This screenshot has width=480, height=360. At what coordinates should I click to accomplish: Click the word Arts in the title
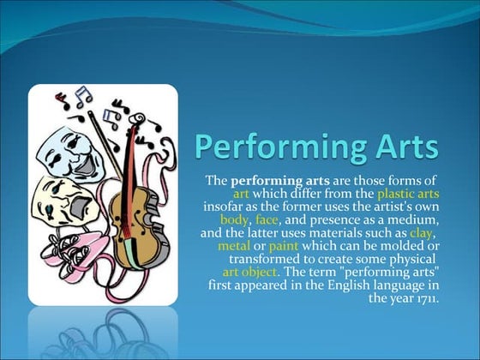(399, 146)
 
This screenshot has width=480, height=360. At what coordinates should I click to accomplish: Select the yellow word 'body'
(234, 219)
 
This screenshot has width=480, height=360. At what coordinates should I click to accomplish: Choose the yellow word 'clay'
(419, 232)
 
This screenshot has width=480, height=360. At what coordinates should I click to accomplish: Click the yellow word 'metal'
(233, 246)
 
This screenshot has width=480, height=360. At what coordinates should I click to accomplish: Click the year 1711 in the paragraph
(422, 298)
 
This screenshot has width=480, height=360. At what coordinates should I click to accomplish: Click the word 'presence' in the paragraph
(342, 219)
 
